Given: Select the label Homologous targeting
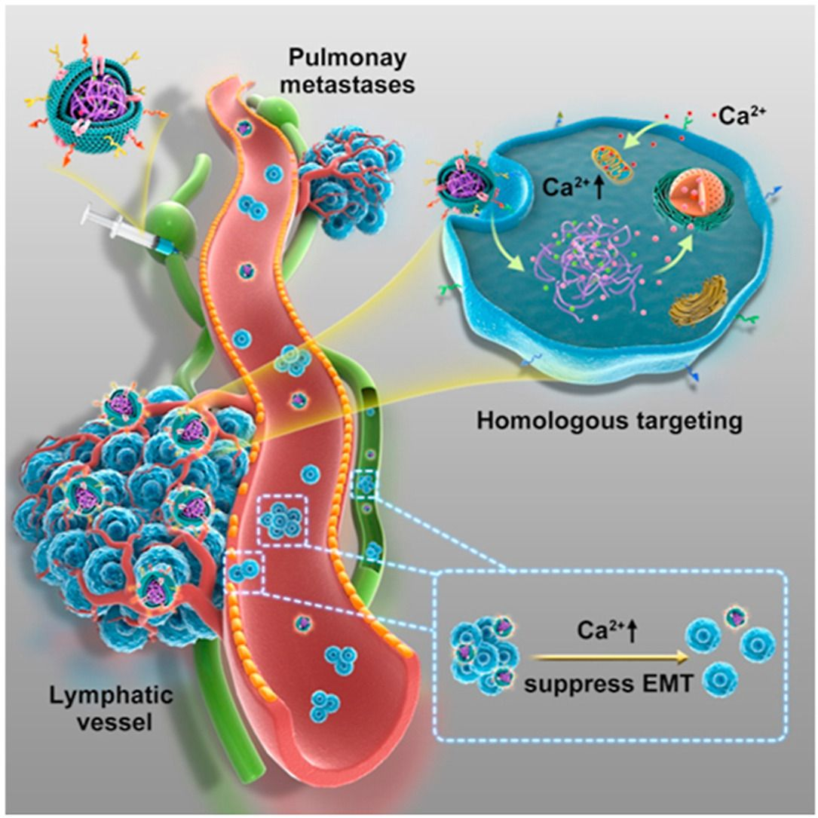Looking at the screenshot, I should (609, 420).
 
